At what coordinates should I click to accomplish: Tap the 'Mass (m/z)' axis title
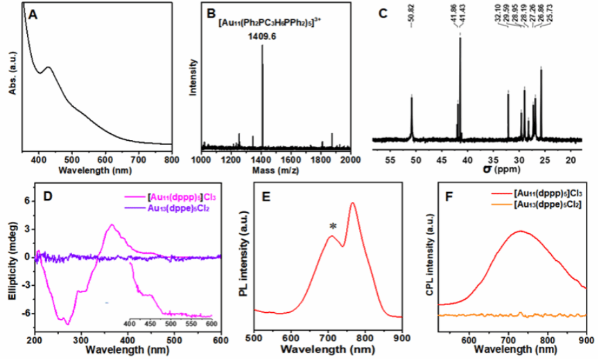click(275, 170)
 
